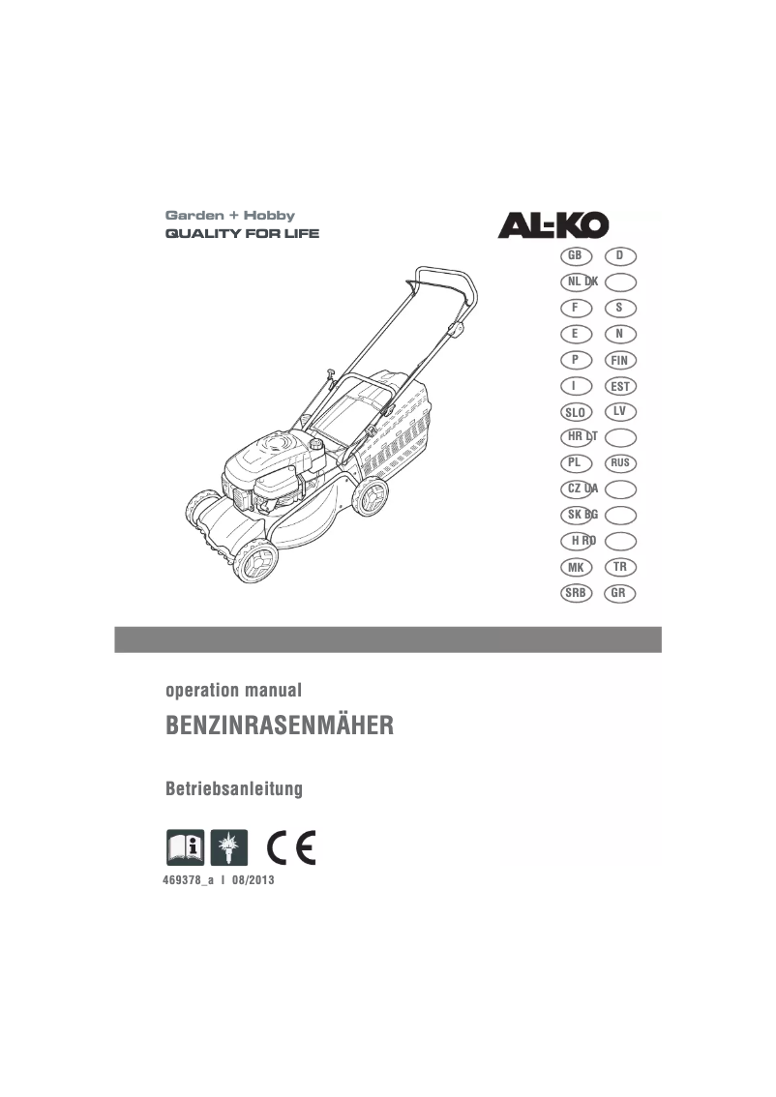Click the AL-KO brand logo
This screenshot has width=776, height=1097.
[553, 225]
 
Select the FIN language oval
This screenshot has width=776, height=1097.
[619, 361]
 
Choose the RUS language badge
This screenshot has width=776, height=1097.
[619, 463]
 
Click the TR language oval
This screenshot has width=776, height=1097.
[619, 567]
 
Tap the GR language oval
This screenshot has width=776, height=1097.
[619, 593]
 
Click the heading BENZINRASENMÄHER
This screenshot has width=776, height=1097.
[281, 726]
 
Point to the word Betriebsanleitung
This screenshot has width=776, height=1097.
[234, 789]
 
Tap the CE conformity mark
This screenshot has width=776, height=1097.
[292, 847]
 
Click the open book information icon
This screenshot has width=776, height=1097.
[185, 847]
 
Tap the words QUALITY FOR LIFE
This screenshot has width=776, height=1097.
[242, 234]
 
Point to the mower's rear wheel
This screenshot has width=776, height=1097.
[370, 496]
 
